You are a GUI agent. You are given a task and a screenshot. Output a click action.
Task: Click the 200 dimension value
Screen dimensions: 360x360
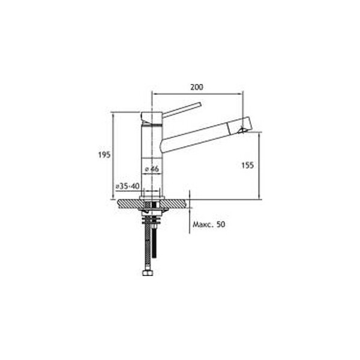click(197, 87)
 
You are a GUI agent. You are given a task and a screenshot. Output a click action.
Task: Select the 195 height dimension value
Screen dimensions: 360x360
click(104, 155)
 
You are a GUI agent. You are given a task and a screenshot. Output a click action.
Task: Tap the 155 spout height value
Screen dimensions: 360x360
click(247, 166)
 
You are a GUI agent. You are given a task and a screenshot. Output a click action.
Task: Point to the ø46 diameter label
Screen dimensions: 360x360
click(152, 169)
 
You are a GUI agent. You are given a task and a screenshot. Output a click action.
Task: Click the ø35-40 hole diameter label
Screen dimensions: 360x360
click(127, 186)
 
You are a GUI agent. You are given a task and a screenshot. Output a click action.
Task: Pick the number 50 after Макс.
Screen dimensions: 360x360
click(221, 224)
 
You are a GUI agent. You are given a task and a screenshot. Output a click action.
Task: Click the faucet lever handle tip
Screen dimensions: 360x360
click(200, 104)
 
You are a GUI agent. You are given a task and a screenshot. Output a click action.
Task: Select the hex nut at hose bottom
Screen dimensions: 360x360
click(148, 273)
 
